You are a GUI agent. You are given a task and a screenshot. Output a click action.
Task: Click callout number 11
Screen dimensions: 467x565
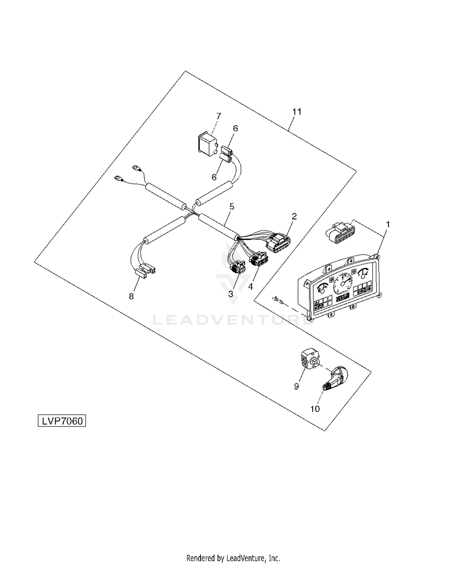click(x=297, y=112)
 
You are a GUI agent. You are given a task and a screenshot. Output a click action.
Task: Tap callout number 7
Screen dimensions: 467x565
click(x=219, y=116)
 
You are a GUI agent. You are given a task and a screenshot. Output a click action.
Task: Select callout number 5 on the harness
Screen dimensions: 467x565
click(x=231, y=207)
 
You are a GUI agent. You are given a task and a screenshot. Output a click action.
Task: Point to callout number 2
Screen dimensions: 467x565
click(x=294, y=216)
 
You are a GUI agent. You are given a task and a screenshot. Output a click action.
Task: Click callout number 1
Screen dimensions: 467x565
click(x=388, y=224)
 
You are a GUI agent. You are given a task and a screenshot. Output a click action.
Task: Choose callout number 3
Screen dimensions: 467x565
click(x=231, y=294)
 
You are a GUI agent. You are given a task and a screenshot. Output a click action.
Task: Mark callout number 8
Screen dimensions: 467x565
click(x=131, y=296)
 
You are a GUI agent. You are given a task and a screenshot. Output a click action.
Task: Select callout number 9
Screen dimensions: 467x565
click(x=296, y=386)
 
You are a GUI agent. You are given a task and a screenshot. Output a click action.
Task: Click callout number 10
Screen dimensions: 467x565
click(x=315, y=409)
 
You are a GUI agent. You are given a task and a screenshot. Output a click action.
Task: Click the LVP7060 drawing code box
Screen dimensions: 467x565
click(x=62, y=421)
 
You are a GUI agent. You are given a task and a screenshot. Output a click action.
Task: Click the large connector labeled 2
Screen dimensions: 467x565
click(x=278, y=244)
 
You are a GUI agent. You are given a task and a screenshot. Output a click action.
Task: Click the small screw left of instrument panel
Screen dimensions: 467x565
click(x=278, y=300)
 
